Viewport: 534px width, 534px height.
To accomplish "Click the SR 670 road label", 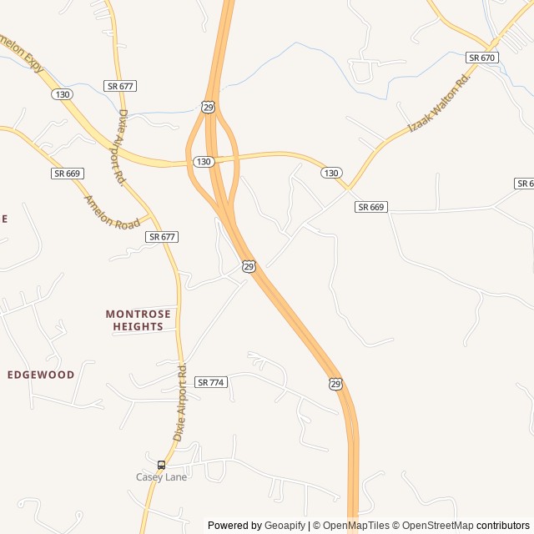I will tap(482, 58).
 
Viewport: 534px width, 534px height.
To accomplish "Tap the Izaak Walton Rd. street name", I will tap(439, 102).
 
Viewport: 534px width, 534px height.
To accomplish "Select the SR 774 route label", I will tap(211, 382).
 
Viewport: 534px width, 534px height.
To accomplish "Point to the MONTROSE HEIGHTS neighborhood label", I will tap(139, 320).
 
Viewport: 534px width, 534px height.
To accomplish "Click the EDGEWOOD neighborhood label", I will tap(41, 375).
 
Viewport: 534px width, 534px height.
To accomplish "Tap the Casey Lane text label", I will tap(161, 476).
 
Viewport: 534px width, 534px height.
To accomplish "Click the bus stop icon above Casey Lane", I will tap(161, 465).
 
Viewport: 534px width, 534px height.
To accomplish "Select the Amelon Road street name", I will tap(112, 213).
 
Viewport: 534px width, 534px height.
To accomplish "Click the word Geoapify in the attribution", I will tap(285, 526).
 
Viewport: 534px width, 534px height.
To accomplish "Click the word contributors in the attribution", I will tap(503, 526).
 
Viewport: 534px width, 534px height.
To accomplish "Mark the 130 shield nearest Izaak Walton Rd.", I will tap(331, 173).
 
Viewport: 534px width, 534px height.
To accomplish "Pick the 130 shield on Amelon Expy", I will tap(61, 94).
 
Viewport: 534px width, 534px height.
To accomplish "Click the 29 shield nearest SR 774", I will tap(335, 384).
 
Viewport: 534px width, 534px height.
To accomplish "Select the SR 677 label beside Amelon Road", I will tap(162, 237).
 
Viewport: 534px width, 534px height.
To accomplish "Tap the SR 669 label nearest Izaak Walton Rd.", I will tap(371, 207).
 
